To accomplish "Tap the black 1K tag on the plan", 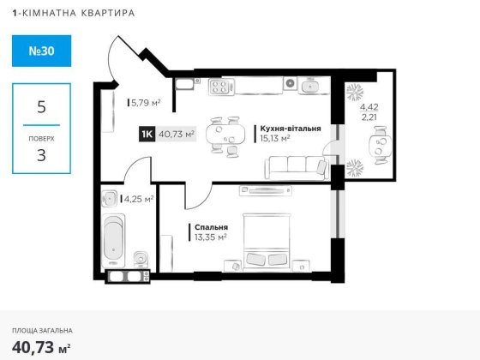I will (147, 134).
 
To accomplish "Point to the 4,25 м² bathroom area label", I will (139, 199).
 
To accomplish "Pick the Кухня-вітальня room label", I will (289, 128).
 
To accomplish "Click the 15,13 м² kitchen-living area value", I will (275, 138).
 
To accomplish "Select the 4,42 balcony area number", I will (368, 107).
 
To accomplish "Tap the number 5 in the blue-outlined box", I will (40, 108).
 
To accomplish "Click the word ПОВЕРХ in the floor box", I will (40, 137).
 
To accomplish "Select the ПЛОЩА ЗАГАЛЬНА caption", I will (42, 330).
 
